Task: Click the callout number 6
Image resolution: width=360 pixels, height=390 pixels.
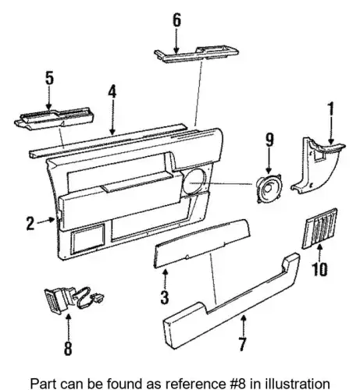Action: (176, 20)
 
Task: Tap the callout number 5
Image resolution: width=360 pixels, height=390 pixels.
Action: (49, 78)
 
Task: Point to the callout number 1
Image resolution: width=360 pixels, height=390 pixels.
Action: (331, 109)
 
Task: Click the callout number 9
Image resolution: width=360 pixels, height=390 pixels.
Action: (269, 140)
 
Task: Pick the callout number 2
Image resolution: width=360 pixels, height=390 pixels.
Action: (30, 223)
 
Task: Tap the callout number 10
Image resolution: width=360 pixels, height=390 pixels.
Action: (319, 269)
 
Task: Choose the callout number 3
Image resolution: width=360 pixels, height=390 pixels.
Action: (165, 297)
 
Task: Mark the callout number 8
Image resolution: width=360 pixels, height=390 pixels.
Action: (68, 348)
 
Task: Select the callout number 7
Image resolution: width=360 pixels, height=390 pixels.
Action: (242, 344)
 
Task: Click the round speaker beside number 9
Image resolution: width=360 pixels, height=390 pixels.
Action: (269, 188)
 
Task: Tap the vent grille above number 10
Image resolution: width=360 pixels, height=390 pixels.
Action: (319, 229)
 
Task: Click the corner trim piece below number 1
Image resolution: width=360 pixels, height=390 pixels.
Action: (318, 166)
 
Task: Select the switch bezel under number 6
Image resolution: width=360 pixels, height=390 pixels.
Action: (197, 55)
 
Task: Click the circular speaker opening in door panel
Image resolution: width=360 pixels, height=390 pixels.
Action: (194, 182)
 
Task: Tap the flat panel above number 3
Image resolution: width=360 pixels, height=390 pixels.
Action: (202, 243)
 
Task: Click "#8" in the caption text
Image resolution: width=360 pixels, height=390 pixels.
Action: (236, 383)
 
